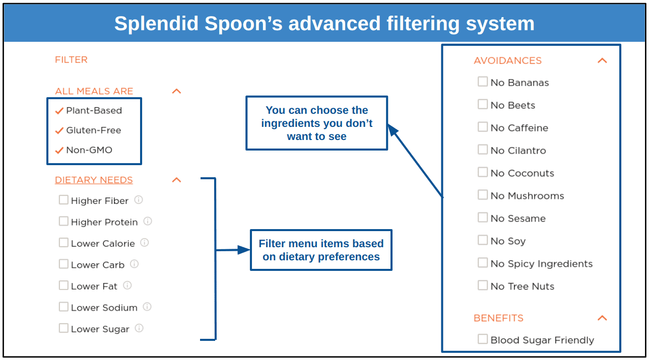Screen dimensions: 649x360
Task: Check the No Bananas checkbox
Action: pyautogui.click(x=482, y=82)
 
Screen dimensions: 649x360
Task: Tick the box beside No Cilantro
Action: pyautogui.click(x=482, y=150)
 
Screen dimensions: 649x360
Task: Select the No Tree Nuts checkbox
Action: pyautogui.click(x=482, y=285)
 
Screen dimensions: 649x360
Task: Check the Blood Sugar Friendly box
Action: pyautogui.click(x=482, y=339)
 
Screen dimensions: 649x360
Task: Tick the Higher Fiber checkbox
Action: pyautogui.click(x=63, y=199)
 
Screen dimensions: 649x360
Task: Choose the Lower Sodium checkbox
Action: pyautogui.click(x=63, y=307)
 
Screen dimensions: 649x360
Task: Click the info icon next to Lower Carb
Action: pyautogui.click(x=134, y=264)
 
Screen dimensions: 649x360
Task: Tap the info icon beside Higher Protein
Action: pyautogui.click(x=148, y=221)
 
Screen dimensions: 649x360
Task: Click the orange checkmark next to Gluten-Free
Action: pyautogui.click(x=59, y=130)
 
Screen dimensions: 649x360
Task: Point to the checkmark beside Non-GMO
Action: pyautogui.click(x=59, y=151)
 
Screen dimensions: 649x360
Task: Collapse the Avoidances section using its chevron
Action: pyautogui.click(x=602, y=60)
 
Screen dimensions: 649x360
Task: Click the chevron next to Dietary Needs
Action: pyautogui.click(x=176, y=180)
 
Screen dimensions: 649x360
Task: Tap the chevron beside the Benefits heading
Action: pyautogui.click(x=602, y=318)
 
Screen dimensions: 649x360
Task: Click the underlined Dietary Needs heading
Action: pyautogui.click(x=94, y=180)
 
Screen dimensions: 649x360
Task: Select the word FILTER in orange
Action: pyautogui.click(x=71, y=59)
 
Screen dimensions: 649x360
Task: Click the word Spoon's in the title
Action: pyautogui.click(x=243, y=24)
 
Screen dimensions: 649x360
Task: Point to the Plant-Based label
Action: pyautogui.click(x=94, y=110)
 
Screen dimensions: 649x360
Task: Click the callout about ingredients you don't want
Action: pyautogui.click(x=316, y=123)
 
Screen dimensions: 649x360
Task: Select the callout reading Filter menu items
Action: pyautogui.click(x=321, y=250)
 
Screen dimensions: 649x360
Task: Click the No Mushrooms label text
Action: pyautogui.click(x=527, y=196)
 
